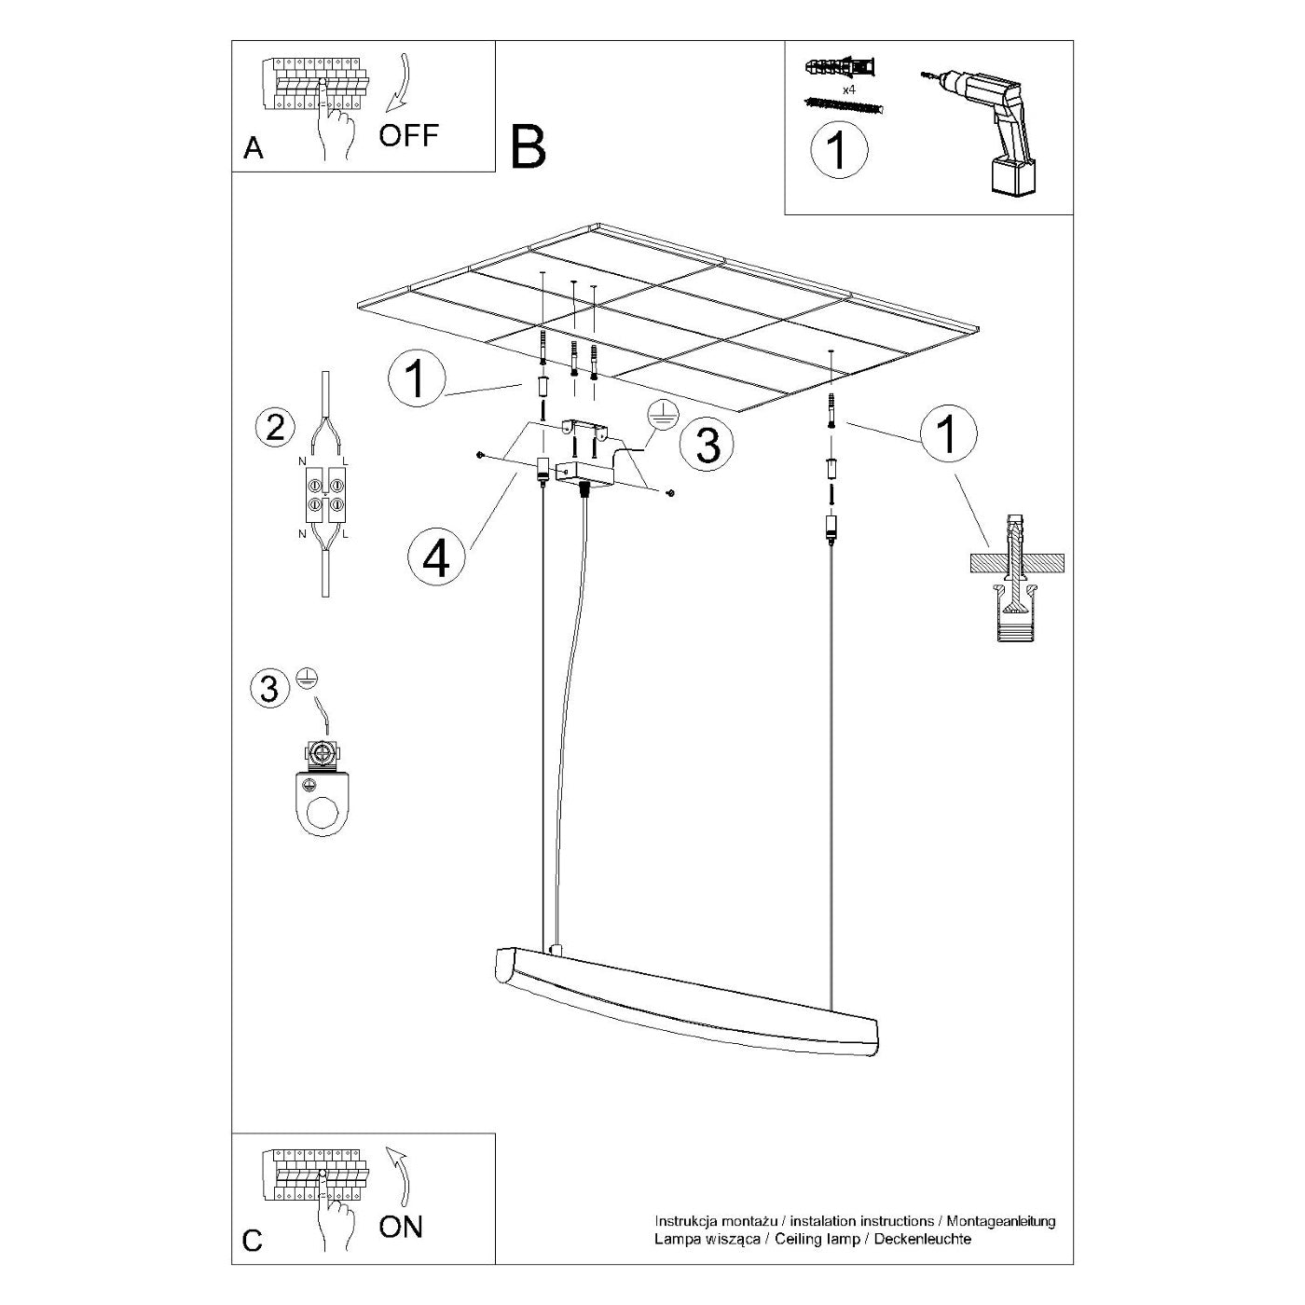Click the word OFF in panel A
(x=408, y=135)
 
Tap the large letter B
(x=529, y=147)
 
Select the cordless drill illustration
(x=982, y=130)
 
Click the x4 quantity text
(x=848, y=89)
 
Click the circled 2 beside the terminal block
(x=275, y=428)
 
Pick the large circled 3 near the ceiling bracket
(x=707, y=446)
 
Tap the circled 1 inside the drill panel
(x=839, y=150)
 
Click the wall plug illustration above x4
(x=841, y=68)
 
